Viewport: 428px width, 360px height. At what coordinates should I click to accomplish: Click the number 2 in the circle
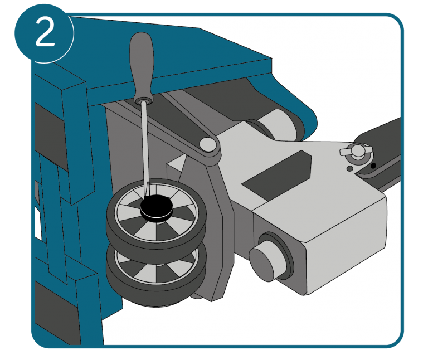coord(45,33)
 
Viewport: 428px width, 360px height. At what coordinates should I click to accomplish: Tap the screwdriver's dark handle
coord(142,66)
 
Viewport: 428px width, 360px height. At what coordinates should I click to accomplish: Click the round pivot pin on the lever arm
coord(207,144)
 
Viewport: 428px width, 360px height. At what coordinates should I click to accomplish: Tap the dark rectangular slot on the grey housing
coord(276,175)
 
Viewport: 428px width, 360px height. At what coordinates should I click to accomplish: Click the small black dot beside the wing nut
coord(373,166)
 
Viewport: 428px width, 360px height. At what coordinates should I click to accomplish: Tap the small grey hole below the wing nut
coord(349,169)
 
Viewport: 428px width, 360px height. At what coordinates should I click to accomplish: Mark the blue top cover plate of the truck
coord(169,55)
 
